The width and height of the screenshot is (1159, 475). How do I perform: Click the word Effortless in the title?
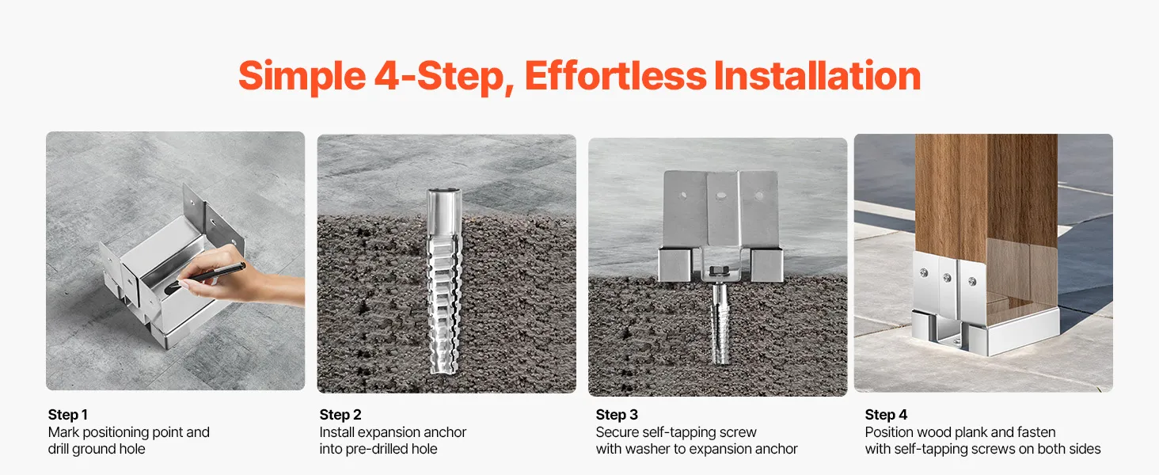click(x=616, y=76)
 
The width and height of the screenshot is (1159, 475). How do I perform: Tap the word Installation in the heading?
click(x=818, y=76)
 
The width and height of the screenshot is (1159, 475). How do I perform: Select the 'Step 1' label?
click(x=68, y=415)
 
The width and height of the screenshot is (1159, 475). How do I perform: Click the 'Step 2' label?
click(x=340, y=415)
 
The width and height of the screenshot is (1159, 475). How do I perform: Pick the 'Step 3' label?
click(x=617, y=415)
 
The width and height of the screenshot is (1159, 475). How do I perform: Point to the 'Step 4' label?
click(x=887, y=415)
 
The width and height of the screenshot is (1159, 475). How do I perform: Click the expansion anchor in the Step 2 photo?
click(x=444, y=280)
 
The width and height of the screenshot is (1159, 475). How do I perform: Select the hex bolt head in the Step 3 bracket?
click(x=720, y=270)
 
